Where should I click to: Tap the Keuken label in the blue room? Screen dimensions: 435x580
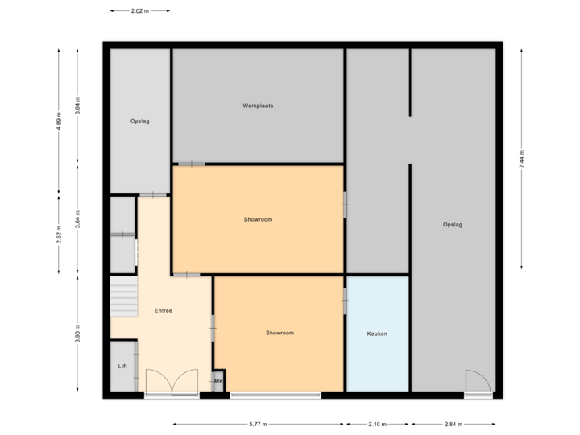[x=377, y=333]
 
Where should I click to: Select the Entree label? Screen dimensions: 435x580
[x=164, y=310]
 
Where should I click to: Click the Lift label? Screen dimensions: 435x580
[x=122, y=366]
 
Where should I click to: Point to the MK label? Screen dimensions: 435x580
[x=217, y=381]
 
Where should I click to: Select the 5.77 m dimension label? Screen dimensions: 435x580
[x=258, y=424]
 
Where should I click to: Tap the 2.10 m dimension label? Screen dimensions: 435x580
[x=377, y=424]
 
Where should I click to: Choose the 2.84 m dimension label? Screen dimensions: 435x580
[x=454, y=424]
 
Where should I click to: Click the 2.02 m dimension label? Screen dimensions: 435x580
[x=139, y=11]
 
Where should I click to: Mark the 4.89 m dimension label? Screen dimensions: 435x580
[x=59, y=122]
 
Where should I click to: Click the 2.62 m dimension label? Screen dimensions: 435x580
[x=59, y=234]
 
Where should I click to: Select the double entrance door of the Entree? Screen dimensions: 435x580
[x=171, y=383]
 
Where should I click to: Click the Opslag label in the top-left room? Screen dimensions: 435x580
[x=140, y=122]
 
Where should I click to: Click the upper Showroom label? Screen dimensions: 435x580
[x=258, y=219]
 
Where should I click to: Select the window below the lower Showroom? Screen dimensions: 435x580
[x=275, y=395]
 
